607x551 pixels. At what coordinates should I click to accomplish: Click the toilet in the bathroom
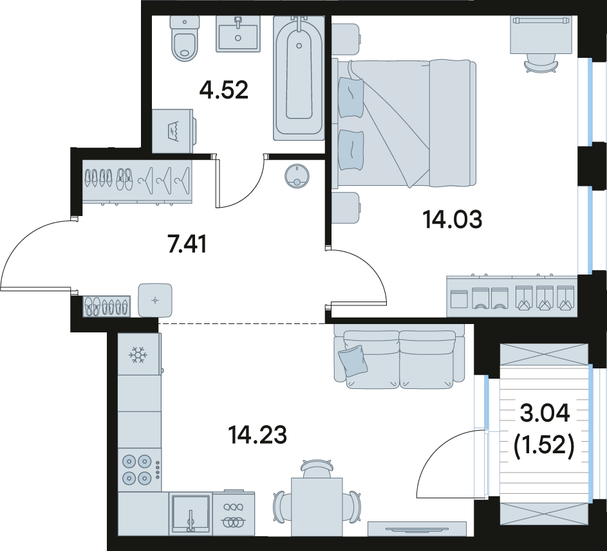pos(184,39)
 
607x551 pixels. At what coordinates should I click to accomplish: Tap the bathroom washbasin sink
pos(238,33)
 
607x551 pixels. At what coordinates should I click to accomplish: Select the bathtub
pos(299,77)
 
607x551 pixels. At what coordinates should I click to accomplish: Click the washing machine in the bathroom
pos(173,131)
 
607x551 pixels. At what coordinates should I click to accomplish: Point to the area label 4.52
pos(224,91)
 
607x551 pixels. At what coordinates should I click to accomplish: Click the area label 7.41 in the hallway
pos(187,244)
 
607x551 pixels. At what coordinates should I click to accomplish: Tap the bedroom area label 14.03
pos(453,220)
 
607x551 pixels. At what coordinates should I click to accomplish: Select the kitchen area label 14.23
pos(257,435)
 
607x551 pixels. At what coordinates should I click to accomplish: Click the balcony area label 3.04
pos(545,413)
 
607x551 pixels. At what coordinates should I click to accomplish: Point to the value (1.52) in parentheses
pos(543,447)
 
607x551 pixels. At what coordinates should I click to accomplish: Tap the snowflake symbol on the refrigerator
pos(136,354)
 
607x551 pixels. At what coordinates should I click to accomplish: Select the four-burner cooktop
pos(138,470)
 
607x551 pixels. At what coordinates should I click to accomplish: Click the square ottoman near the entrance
pos(155,300)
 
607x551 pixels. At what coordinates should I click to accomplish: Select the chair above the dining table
pos(317,469)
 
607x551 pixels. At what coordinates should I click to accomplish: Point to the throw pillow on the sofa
pos(353,361)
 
